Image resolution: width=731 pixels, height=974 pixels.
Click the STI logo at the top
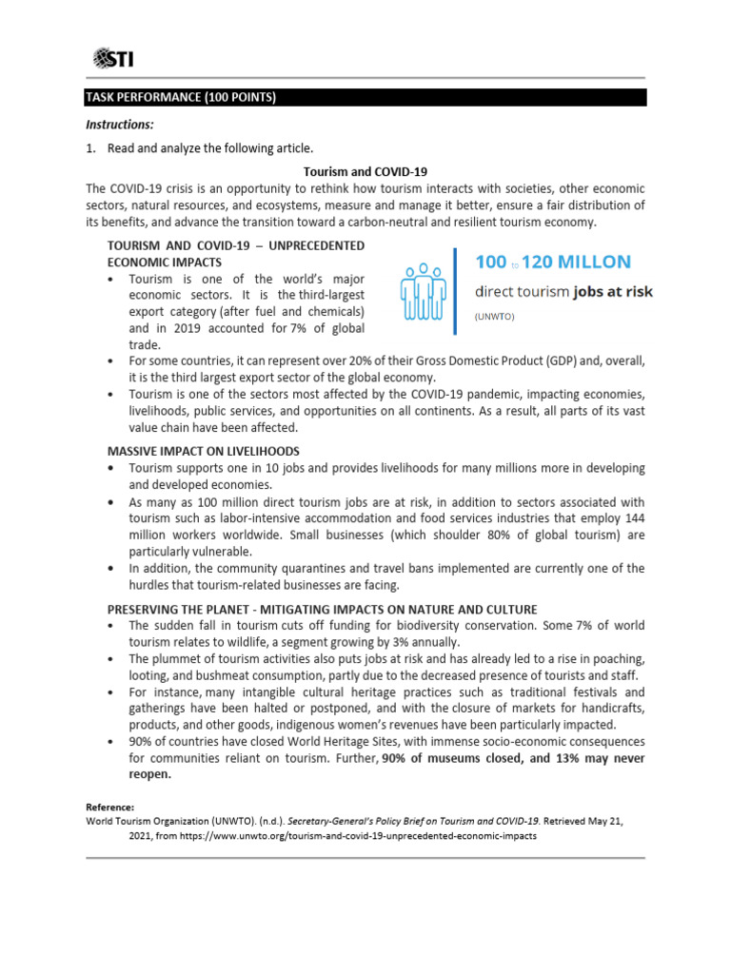(113, 60)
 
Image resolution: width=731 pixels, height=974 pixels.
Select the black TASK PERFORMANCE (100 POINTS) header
(365, 97)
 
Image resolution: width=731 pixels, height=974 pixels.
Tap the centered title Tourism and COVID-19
(365, 172)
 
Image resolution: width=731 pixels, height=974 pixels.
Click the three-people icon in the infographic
(424, 291)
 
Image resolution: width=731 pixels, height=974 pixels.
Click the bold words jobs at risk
(613, 291)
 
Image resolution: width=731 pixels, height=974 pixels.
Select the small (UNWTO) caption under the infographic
(494, 317)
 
